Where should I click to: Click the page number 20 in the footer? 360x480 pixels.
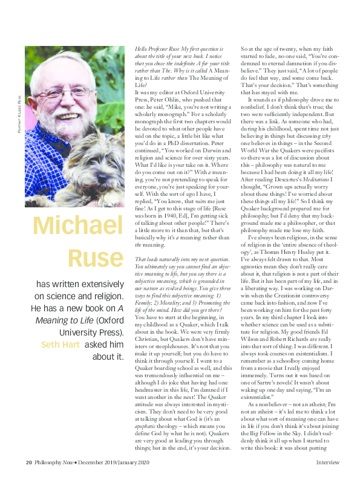(x=28, y=463)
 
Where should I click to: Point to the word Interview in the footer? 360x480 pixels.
(x=327, y=463)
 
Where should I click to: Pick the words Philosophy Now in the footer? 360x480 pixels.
(x=54, y=463)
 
